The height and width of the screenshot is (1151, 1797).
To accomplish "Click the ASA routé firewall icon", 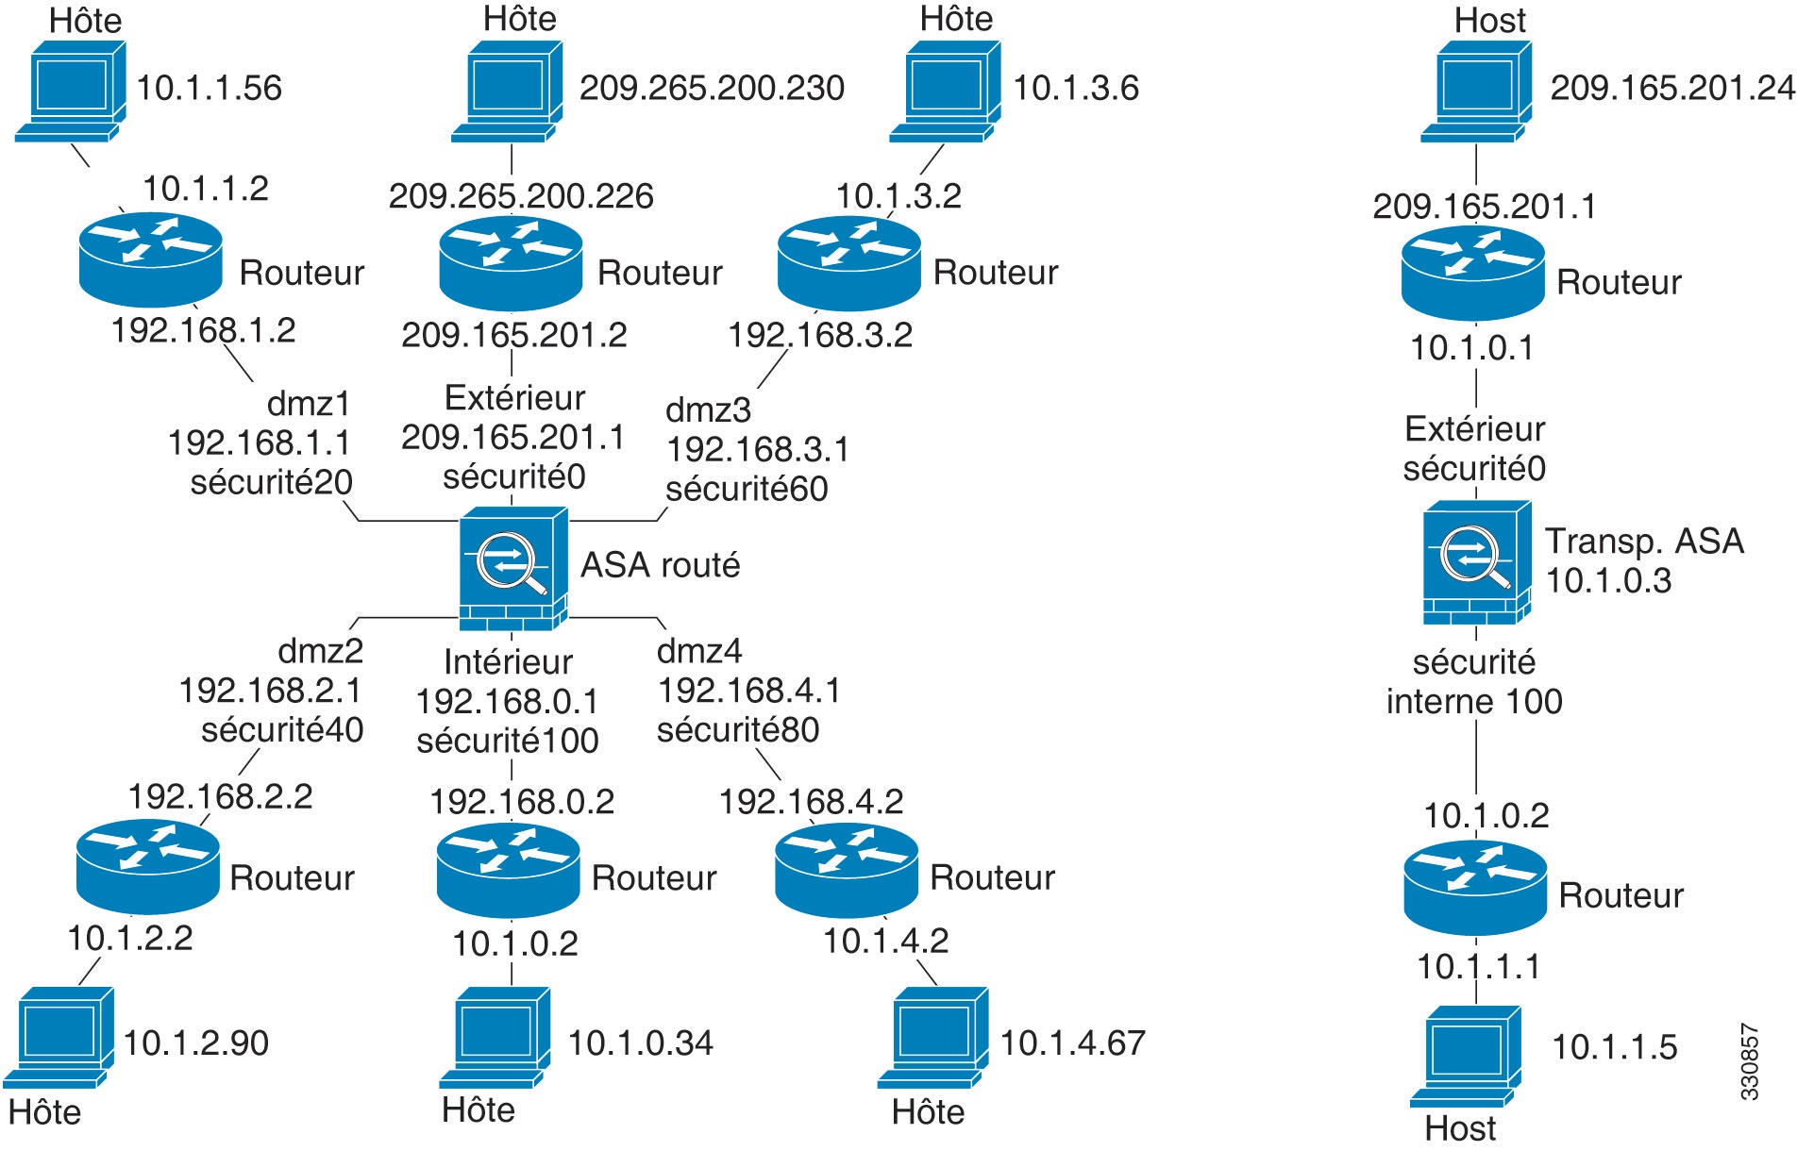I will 512,569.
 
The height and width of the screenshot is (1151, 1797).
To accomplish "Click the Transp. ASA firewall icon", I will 1476,562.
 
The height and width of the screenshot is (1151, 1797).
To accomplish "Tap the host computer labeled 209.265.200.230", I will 507,92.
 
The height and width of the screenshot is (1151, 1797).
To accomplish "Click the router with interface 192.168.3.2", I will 848,263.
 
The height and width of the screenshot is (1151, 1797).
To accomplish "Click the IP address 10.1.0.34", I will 640,1043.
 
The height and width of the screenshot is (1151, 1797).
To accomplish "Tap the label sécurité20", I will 271,482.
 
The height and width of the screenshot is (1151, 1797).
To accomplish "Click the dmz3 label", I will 708,410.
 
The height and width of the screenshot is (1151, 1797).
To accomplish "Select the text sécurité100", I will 508,741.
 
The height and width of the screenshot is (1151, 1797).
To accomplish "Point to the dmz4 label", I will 699,651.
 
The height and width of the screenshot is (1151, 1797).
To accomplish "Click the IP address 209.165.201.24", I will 1671,88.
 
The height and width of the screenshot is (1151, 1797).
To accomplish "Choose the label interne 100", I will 1474,701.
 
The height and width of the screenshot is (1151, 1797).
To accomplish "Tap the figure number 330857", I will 1749,1061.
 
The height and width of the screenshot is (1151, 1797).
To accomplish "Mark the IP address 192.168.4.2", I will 811,802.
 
